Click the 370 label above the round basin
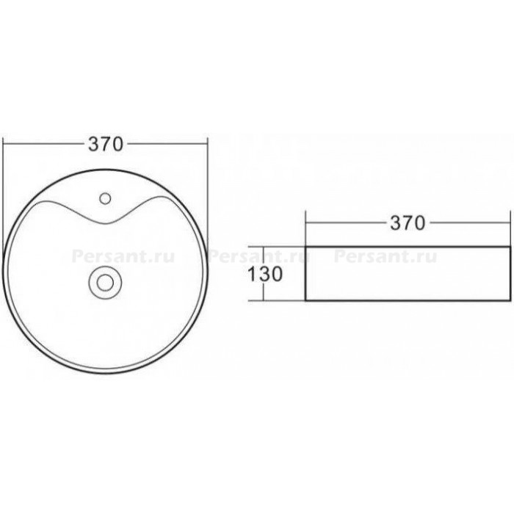click(106, 144)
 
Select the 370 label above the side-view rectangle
click(408, 223)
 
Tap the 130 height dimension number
click(265, 274)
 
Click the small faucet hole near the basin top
click(105, 198)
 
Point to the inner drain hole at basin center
click(105, 282)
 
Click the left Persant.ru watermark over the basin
click(123, 257)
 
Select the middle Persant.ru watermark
click(259, 257)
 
